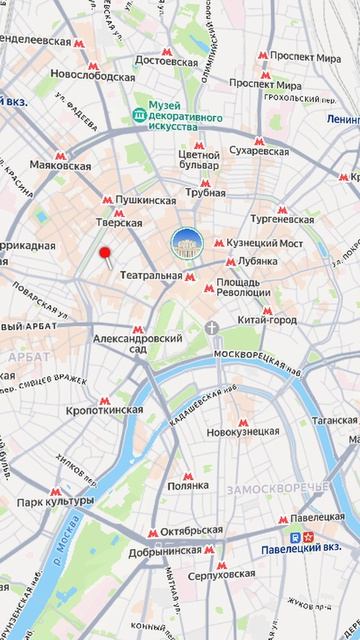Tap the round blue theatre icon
point(185,242)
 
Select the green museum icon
point(138,113)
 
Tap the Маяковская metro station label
point(67,165)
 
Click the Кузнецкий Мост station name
point(264,243)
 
